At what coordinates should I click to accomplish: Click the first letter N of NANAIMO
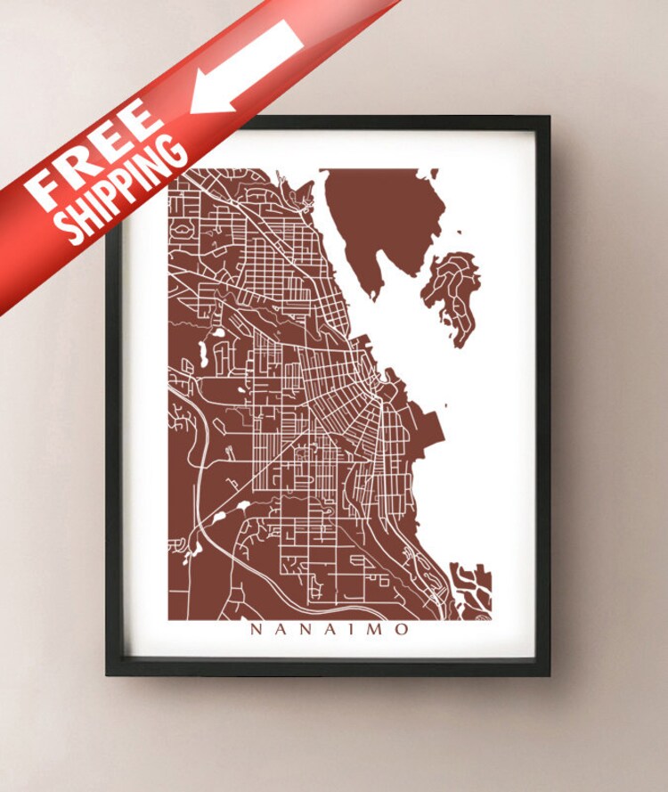click(x=256, y=630)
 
